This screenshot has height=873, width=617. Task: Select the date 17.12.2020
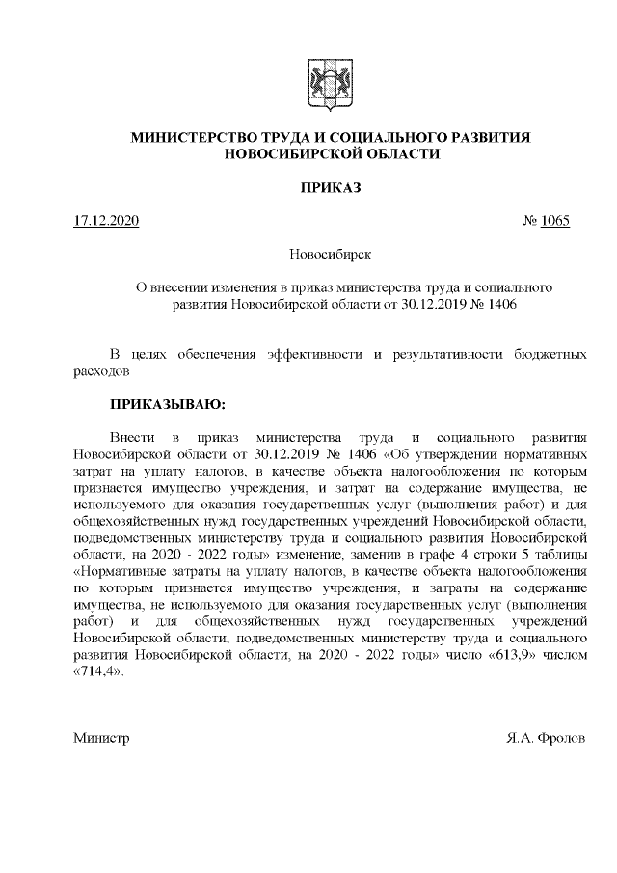click(x=107, y=221)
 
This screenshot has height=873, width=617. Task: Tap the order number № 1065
click(x=546, y=221)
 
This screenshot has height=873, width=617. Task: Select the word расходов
click(x=101, y=370)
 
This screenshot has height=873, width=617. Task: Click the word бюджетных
click(x=552, y=353)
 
